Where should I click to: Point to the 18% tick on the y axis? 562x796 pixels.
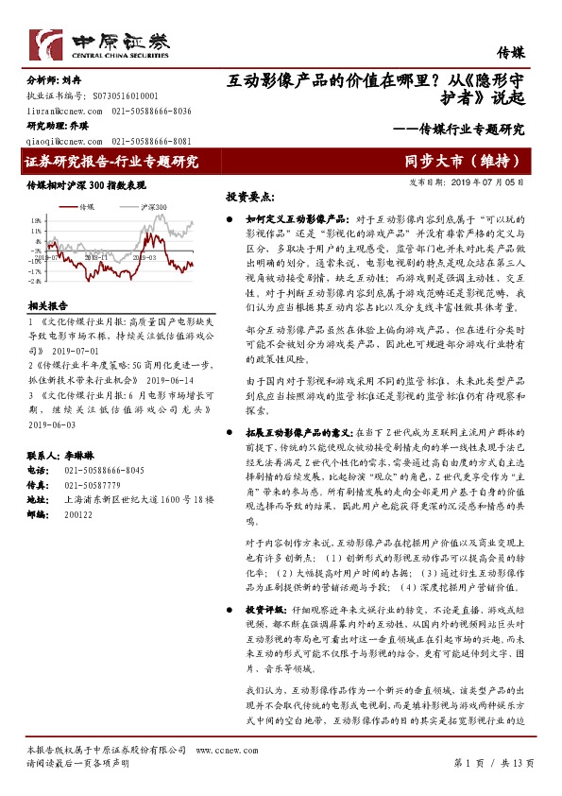click(x=35, y=218)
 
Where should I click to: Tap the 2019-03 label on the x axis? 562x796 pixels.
click(x=145, y=256)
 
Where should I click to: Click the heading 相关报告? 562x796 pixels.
click(x=46, y=306)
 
